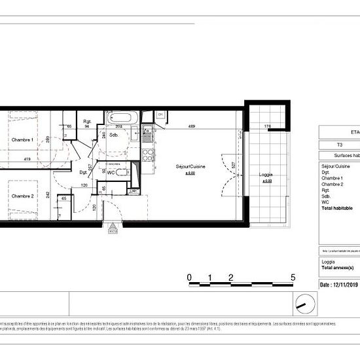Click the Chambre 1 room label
(22, 139)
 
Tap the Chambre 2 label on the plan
(22, 196)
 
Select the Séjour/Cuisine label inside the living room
(191, 167)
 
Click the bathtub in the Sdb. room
(122, 119)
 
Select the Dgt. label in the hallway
(83, 172)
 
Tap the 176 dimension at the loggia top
(267, 126)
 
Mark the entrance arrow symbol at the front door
(113, 230)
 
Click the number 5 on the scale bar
(293, 278)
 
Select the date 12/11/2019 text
(339, 285)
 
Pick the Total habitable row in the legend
(337, 207)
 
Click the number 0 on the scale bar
(189, 278)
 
